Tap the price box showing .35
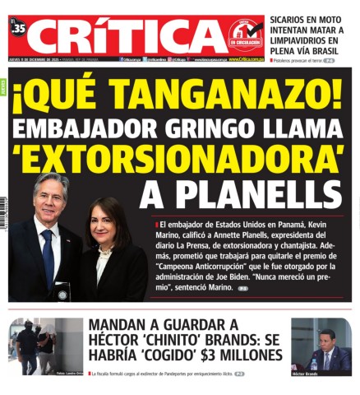click(19, 29)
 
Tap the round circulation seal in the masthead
click(244, 35)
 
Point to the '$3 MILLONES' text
click(242, 355)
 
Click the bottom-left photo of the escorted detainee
click(45, 346)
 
